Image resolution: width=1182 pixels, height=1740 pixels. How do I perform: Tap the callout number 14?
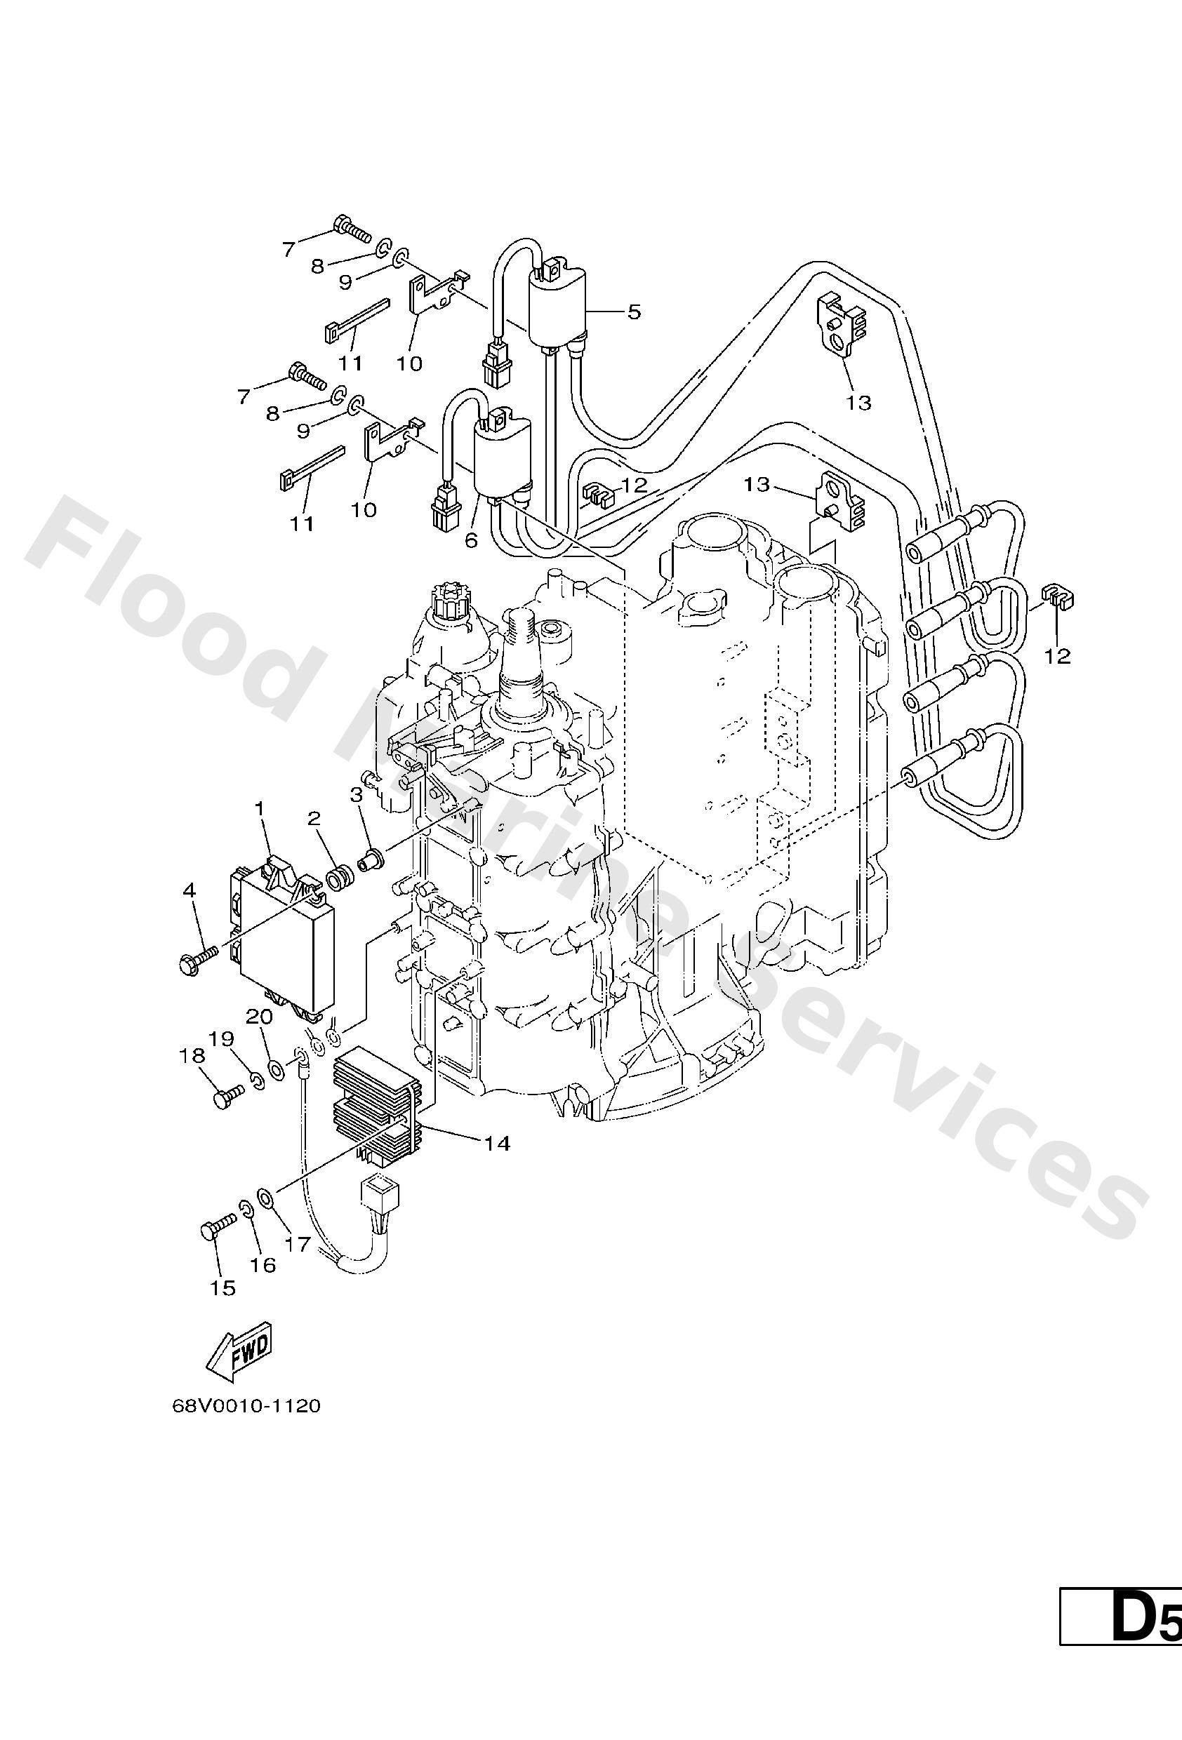tap(497, 1144)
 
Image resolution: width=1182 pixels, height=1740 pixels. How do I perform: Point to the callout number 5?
tap(634, 312)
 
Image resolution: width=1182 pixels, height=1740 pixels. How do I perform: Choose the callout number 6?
tap(471, 540)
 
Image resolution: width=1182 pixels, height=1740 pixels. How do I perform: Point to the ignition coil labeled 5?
tap(558, 307)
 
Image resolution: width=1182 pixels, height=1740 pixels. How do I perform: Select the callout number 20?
tap(259, 1016)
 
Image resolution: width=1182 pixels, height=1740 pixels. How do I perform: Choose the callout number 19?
tap(222, 1039)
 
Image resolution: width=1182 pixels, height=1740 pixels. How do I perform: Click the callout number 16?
tap(263, 1264)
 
